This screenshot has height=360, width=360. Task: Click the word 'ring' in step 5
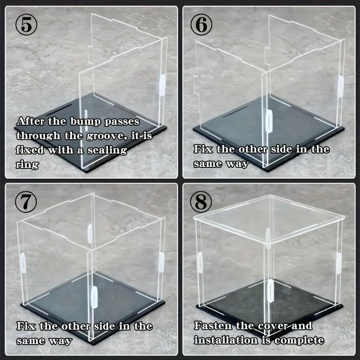click(x=27, y=165)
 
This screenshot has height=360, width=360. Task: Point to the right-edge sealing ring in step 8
click(x=338, y=262)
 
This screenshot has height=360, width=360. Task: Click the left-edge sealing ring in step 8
click(x=199, y=262)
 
